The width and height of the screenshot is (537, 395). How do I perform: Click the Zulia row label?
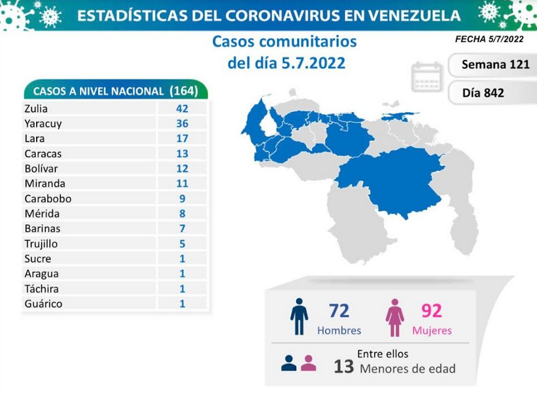point(36,109)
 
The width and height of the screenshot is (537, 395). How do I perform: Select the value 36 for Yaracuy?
point(182,123)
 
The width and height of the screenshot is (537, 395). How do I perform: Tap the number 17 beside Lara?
point(182,138)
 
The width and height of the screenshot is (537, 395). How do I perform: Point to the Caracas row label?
point(43,153)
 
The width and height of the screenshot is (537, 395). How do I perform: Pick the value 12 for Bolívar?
point(182,169)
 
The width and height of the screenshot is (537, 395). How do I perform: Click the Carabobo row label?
point(48,199)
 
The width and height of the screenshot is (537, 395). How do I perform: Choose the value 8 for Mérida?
point(182,214)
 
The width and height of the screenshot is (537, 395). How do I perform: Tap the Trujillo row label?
point(41,244)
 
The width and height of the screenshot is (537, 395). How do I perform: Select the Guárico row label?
point(43,304)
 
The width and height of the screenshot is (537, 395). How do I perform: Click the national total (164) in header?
point(183,91)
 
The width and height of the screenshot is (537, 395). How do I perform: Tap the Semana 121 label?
point(495,65)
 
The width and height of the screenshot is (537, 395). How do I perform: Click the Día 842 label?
point(483,93)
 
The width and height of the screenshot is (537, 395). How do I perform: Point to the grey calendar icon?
point(427,77)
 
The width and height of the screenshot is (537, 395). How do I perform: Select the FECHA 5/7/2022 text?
point(489,39)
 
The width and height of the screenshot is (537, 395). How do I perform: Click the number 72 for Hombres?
point(339,311)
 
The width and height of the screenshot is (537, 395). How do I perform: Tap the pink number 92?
point(432,311)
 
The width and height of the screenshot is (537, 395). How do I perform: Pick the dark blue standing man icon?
point(299,316)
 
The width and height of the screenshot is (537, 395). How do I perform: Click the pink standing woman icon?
point(394,318)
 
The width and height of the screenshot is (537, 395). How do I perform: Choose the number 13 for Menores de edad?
point(344,366)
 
